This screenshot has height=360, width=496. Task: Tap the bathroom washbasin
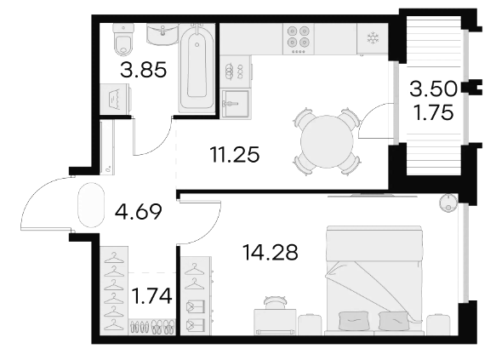coord(162,34)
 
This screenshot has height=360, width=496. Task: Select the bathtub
coord(197,69)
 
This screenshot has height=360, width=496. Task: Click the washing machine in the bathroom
coord(116,99)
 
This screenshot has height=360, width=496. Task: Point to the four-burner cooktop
coord(299,39)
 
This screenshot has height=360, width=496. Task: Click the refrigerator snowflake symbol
coord(373,38)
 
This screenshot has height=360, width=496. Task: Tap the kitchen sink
coord(236,104)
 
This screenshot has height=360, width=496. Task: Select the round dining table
coord(327,141)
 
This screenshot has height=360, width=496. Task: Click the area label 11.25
coord(235,155)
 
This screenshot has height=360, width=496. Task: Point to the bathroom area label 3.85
coord(143,70)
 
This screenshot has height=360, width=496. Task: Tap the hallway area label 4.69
coord(139,212)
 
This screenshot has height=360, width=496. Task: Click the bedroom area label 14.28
coord(271,253)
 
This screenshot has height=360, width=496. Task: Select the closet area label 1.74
coord(151,296)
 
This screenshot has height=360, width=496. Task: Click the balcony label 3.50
coord(433,89)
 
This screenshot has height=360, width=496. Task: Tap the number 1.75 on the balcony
coord(434,112)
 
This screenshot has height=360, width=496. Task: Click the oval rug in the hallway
coord(91,205)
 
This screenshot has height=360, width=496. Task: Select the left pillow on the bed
coord(353,321)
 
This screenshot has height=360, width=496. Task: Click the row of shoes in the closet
coord(152,327)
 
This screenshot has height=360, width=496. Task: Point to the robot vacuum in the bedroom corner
coord(448,203)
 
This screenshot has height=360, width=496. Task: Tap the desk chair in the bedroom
coord(275,302)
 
